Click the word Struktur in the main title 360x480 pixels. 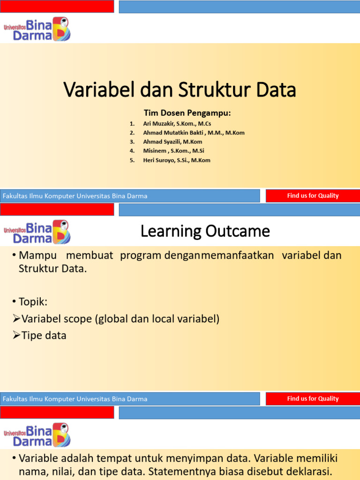tap(213, 90)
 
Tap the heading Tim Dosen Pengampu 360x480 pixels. tap(187, 113)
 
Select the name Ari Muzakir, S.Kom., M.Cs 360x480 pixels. tap(177, 123)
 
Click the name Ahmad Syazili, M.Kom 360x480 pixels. tap(172, 142)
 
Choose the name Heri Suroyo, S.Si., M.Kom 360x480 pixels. tap(176, 160)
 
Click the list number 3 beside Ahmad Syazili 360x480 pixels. tap(132, 142)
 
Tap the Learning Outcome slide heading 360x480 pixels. tap(205, 231)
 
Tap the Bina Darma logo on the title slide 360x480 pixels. tap(37, 29)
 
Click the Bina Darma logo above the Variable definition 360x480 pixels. tap(37, 435)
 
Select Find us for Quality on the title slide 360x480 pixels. tap(313, 196)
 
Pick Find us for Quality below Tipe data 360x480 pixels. tap(313, 399)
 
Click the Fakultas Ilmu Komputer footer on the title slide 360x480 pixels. tap(75, 196)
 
